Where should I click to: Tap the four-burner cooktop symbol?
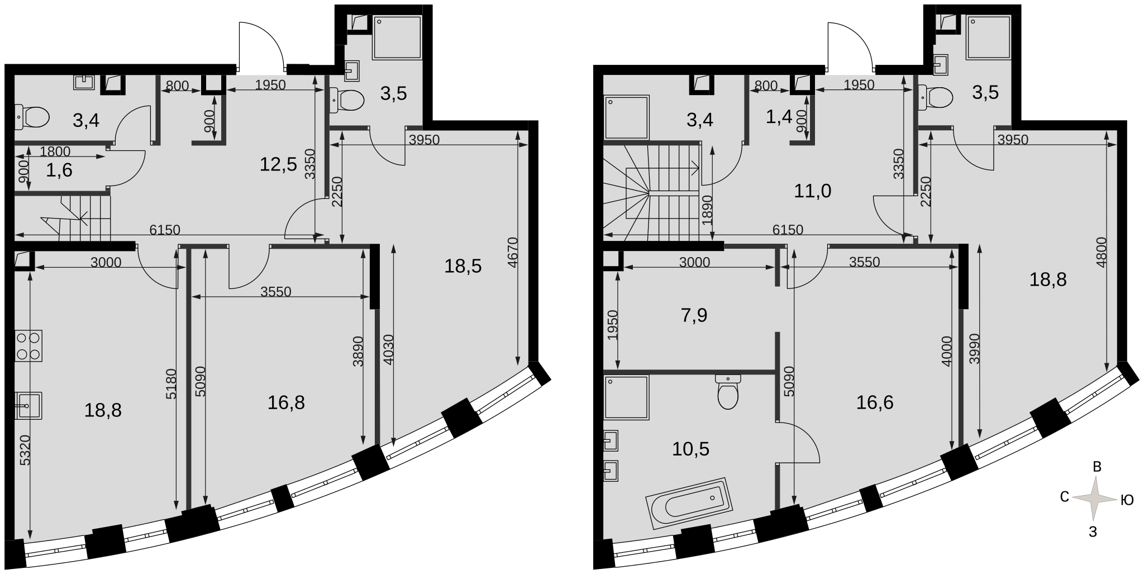(28, 346)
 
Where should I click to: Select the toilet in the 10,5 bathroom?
(728, 391)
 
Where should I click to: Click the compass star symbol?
(1095, 499)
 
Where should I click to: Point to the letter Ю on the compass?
(1127, 500)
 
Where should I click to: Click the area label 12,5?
(278, 164)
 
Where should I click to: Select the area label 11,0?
(813, 191)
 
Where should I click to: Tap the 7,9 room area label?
(694, 315)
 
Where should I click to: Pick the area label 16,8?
(286, 402)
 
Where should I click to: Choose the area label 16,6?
(875, 402)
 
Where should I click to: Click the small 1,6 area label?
(59, 170)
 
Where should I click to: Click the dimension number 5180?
(171, 383)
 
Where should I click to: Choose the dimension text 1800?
(55, 151)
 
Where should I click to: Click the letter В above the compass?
(1097, 467)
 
